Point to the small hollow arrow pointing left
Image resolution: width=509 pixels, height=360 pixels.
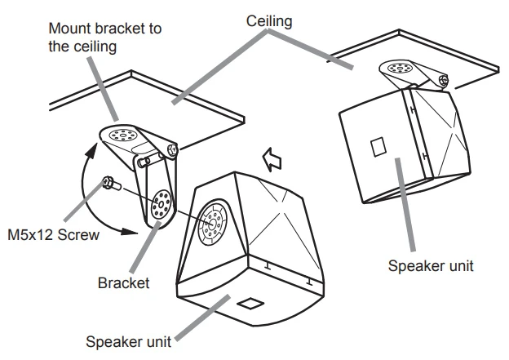coord(272,157)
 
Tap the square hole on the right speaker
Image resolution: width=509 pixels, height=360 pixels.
coord(378,148)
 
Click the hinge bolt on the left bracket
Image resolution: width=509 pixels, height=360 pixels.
coord(173,149)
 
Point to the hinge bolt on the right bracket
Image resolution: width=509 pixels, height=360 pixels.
coord(443,79)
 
